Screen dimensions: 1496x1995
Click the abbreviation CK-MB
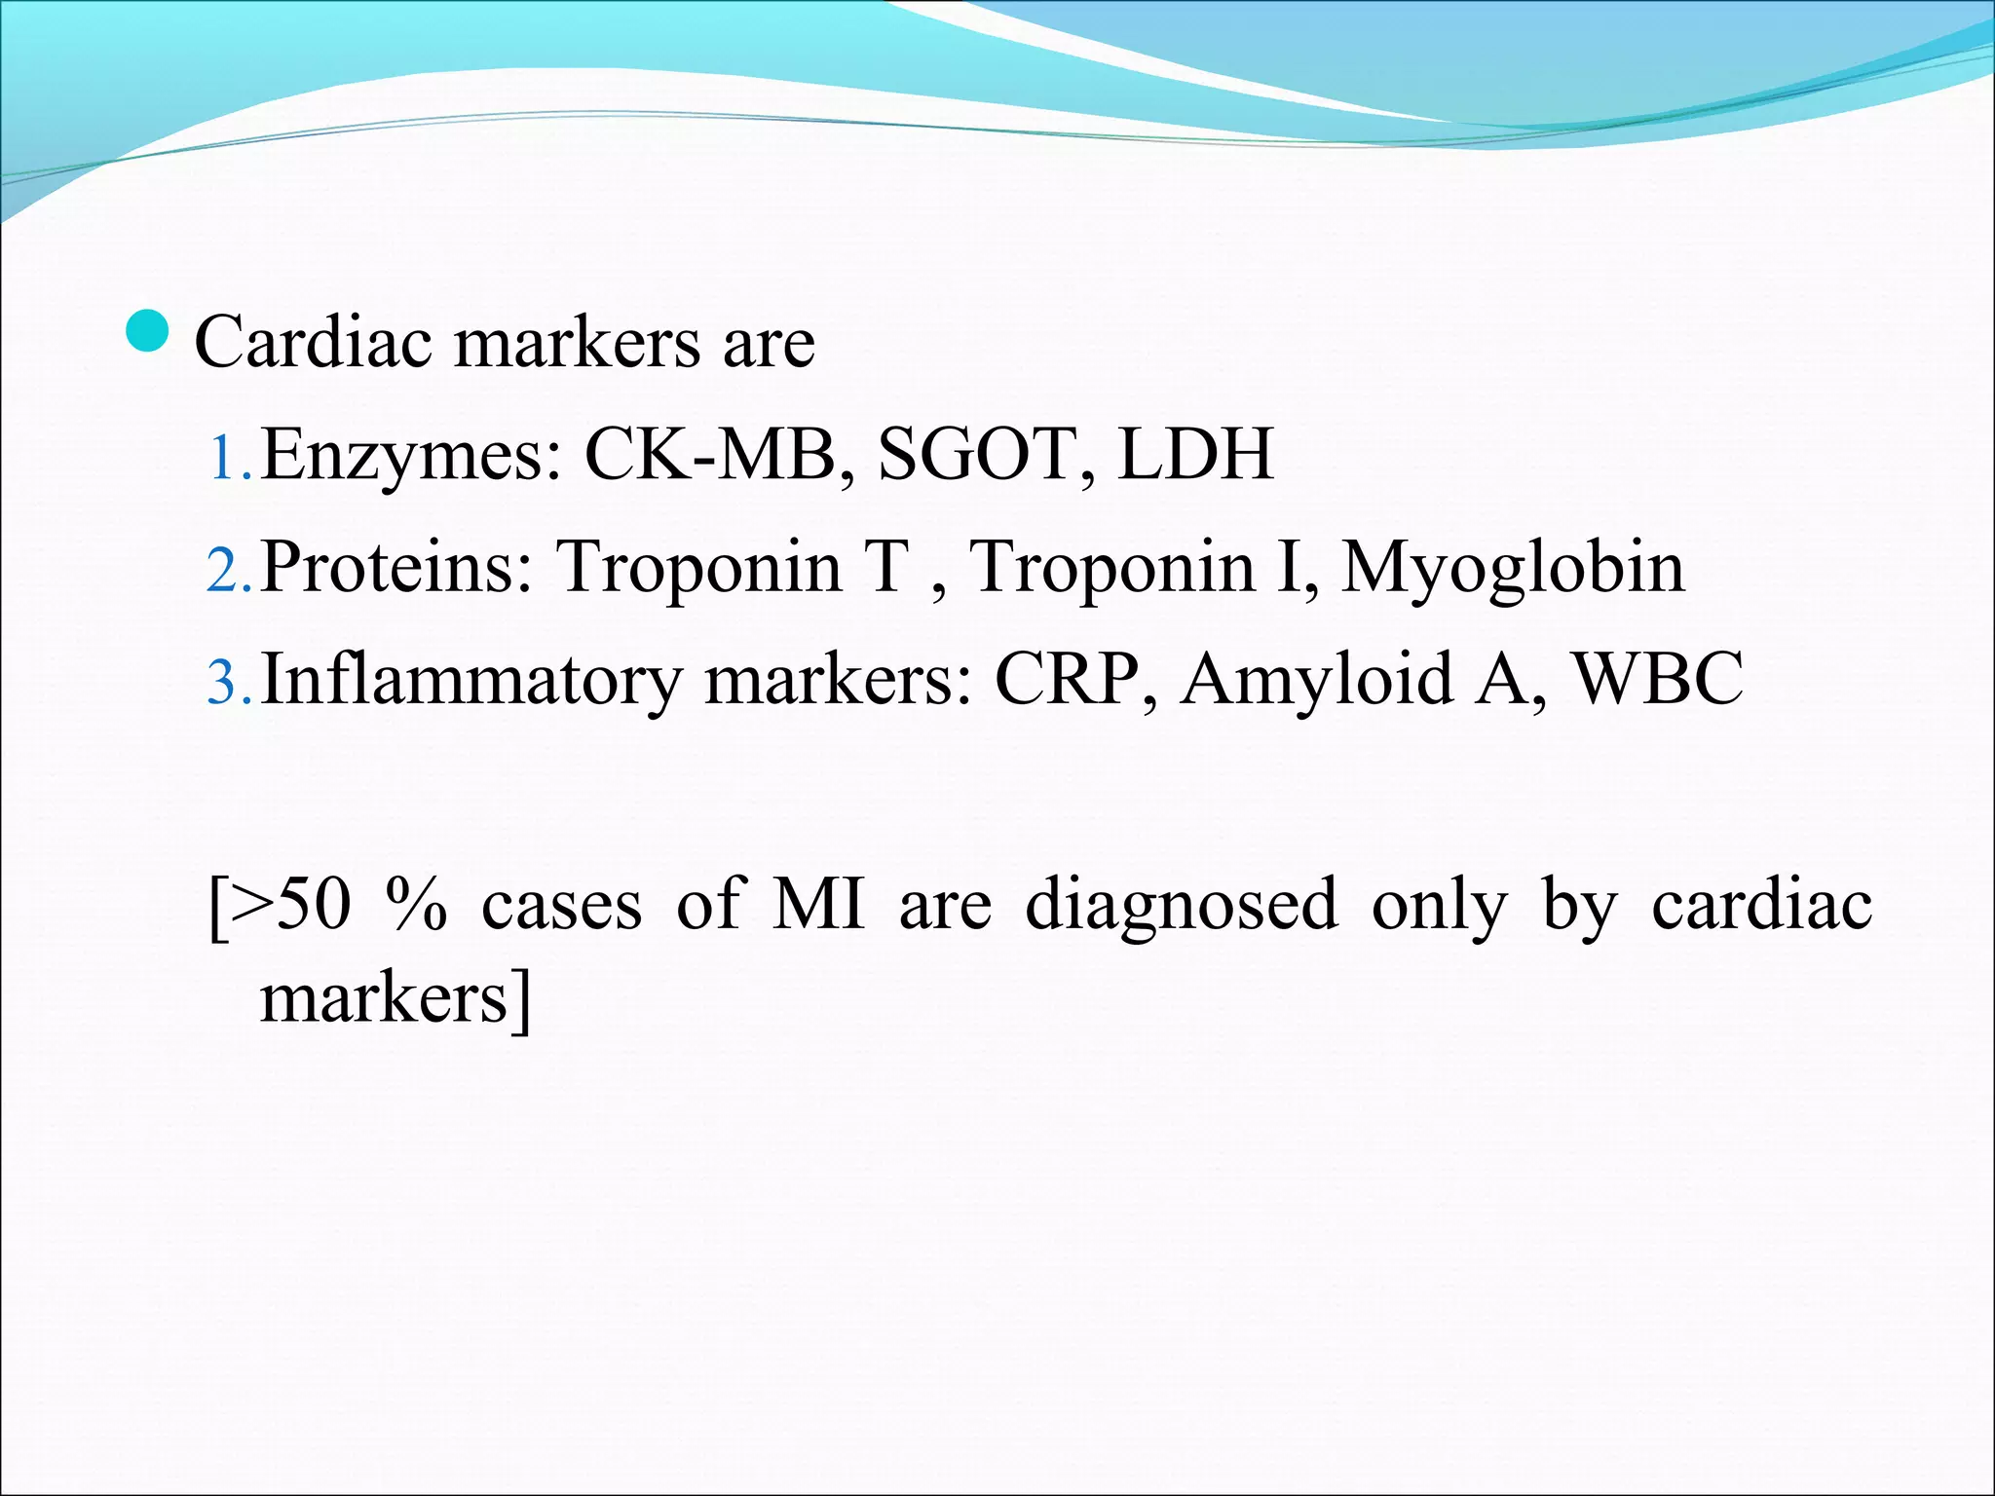pos(710,455)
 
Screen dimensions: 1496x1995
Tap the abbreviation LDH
pos(1195,455)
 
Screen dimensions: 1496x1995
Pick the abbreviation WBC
pos(1658,679)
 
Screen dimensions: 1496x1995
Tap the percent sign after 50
pos(416,904)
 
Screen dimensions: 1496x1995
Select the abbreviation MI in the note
pos(818,904)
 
